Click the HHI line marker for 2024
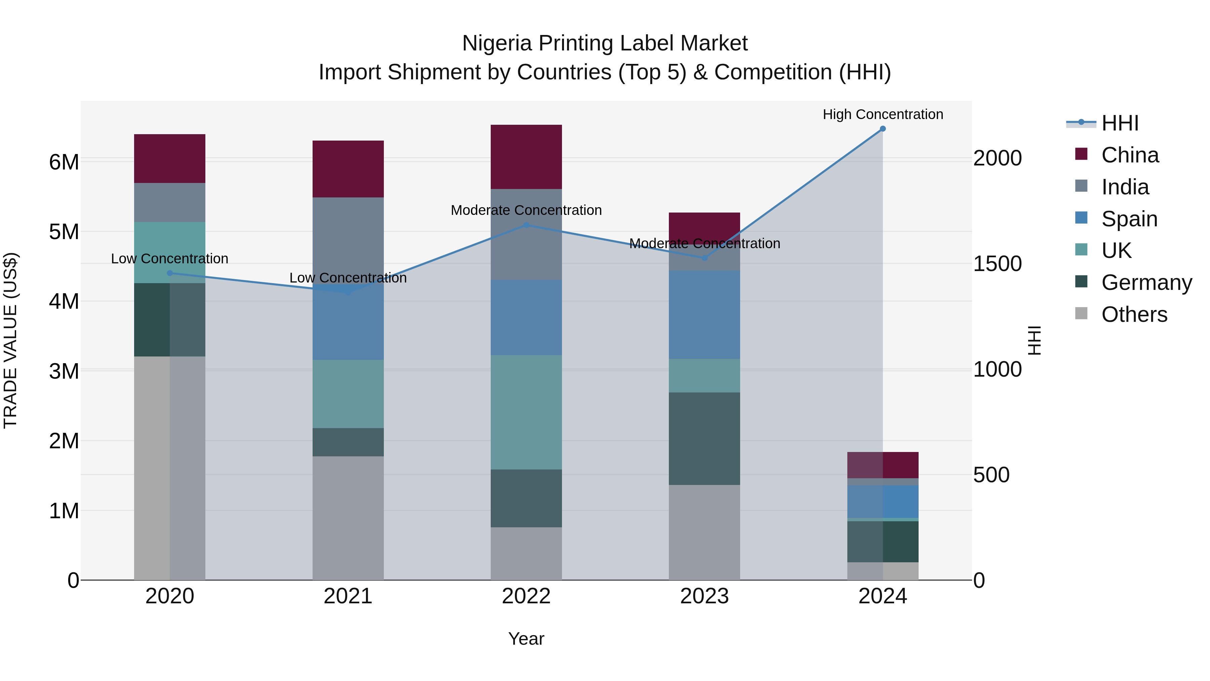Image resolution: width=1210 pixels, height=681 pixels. tap(883, 129)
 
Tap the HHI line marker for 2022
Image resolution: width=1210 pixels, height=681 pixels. tap(526, 225)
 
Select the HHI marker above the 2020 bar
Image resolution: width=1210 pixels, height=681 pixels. tap(170, 273)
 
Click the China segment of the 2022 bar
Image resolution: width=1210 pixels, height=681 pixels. tap(526, 157)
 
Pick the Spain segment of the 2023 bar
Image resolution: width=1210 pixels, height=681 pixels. tap(704, 314)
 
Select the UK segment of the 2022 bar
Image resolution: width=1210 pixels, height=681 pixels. tap(526, 412)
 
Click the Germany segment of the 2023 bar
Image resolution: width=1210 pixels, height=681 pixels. tap(704, 439)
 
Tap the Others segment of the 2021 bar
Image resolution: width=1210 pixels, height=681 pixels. tap(348, 518)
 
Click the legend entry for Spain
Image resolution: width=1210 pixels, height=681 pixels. tap(1129, 219)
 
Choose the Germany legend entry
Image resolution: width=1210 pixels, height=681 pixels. tap(1146, 282)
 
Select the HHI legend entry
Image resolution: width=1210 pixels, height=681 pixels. tap(1120, 123)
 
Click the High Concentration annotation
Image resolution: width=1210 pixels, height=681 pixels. tap(883, 114)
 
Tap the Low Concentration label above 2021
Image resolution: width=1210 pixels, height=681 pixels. tap(348, 278)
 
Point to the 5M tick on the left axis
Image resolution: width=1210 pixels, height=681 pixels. tap(64, 232)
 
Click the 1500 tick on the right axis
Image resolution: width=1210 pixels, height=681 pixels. tap(997, 264)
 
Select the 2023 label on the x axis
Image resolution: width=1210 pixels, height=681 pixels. tap(704, 596)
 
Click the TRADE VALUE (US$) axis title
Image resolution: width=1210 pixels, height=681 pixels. tap(10, 340)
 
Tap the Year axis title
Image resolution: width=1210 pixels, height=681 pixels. tap(526, 639)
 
